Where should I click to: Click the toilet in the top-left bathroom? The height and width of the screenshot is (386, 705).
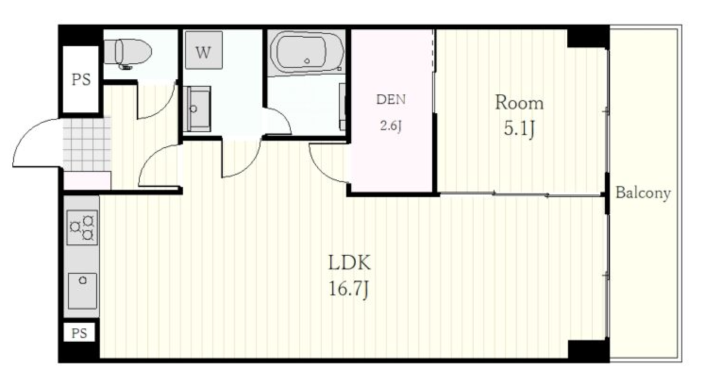tap(127, 53)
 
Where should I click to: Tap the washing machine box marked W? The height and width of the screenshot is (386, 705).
tap(204, 50)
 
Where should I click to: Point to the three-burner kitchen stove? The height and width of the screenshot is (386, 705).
tap(82, 227)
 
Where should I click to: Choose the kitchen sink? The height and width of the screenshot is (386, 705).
tap(83, 291)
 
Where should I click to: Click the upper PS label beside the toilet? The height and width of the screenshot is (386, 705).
tap(81, 79)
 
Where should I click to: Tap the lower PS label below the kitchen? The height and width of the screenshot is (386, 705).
tap(79, 333)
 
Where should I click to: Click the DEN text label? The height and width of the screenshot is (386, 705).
tap(391, 100)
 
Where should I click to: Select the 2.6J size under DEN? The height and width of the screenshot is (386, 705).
tap(391, 126)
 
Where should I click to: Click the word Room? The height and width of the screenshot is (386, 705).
tap(519, 103)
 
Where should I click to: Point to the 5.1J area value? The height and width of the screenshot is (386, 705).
tap(519, 128)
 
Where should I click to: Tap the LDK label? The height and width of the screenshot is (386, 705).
tap(349, 262)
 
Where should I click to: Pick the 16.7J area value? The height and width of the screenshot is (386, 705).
tap(349, 289)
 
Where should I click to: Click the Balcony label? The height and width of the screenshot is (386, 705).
tap(643, 193)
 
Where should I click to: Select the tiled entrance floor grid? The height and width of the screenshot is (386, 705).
tap(87, 144)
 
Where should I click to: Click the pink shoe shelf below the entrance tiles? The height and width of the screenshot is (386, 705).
tap(87, 180)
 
